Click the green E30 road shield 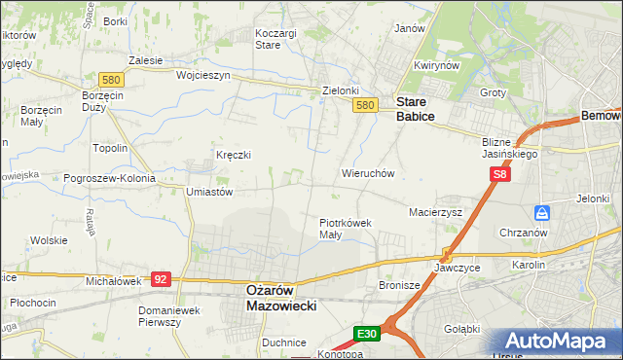366,334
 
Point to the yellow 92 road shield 162,279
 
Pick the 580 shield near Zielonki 365,105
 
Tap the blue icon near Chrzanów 541,212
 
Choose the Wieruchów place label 367,173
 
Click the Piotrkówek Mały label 346,228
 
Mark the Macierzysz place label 435,211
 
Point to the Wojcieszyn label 202,75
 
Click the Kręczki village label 234,155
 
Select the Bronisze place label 397,286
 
